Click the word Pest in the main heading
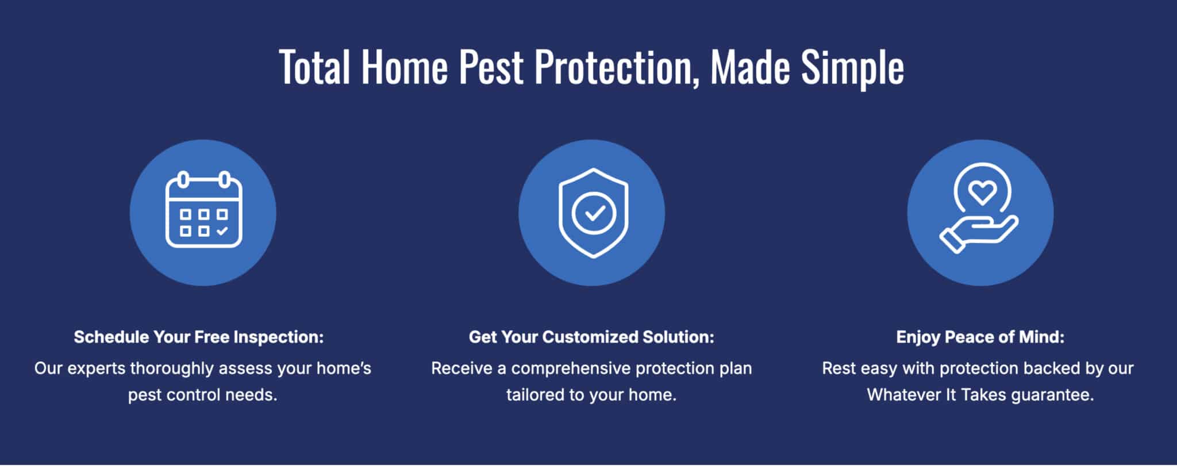491,67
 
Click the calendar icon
203,209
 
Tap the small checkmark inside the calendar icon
222,231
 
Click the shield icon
593,213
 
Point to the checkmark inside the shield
594,213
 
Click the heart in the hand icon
982,192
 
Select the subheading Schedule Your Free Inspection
199,337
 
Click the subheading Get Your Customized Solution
591,337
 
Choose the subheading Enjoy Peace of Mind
980,337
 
